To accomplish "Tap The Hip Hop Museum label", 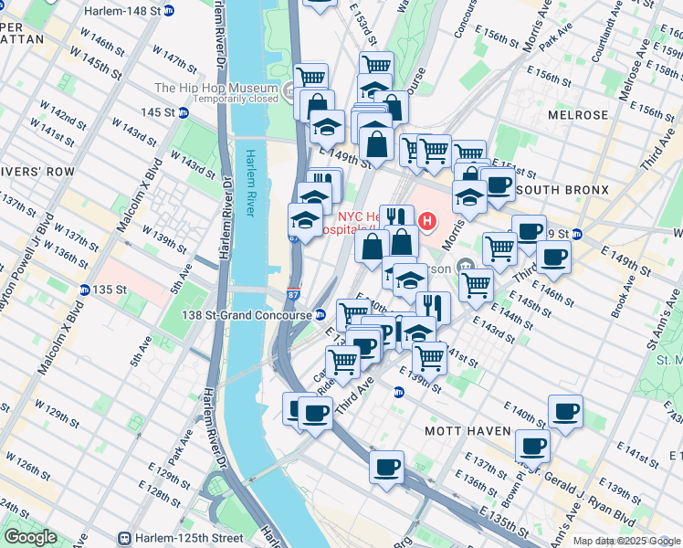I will click(x=215, y=89).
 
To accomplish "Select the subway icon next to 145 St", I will click(x=183, y=112).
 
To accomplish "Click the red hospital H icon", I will click(x=426, y=220).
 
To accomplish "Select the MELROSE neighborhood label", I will click(x=578, y=115).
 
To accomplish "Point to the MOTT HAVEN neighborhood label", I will click(x=459, y=429).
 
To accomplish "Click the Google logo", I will click(x=30, y=537).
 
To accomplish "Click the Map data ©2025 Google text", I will click(x=625, y=541).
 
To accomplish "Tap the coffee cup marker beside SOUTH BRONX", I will click(x=498, y=185).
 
